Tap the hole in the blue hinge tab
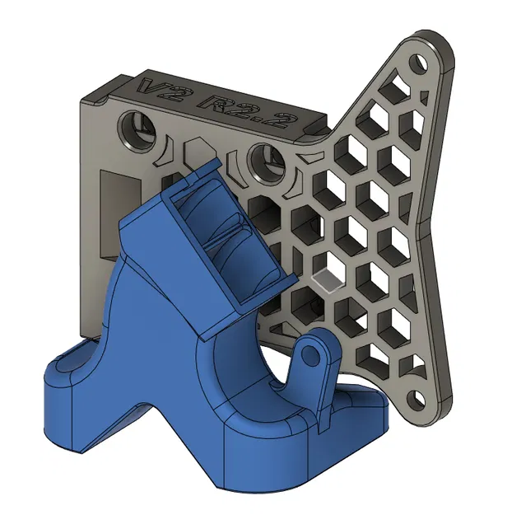pos(310,355)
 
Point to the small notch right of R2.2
pos(310,126)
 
